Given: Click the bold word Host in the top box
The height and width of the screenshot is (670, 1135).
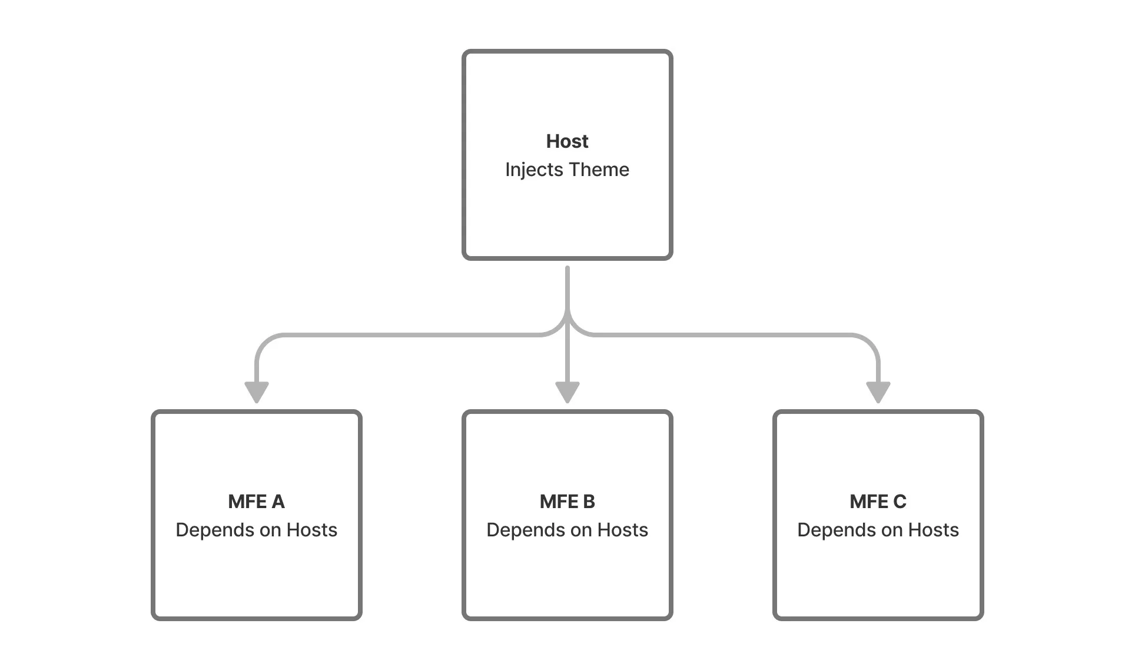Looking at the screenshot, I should coord(567,141).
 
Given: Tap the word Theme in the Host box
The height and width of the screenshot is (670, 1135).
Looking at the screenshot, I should coord(599,170).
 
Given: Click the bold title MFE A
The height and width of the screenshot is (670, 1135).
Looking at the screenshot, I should coord(256,502).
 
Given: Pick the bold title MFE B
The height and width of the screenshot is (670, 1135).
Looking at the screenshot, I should coord(567,502).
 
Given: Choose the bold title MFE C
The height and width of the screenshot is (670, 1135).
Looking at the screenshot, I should coord(878,502).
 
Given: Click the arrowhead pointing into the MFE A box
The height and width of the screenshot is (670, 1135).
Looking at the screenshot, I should coord(257,392).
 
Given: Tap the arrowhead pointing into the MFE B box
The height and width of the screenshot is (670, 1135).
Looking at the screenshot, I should coord(567,392).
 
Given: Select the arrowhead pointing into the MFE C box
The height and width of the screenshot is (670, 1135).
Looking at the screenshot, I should coord(878,392).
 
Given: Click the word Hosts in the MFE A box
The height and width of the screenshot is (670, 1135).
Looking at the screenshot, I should coord(311,530).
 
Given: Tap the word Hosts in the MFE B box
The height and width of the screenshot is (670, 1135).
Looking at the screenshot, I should coord(622,530).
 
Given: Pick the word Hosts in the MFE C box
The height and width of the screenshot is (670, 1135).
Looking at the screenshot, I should coord(933,530).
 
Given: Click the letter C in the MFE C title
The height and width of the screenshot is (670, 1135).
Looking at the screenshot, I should coord(900,502).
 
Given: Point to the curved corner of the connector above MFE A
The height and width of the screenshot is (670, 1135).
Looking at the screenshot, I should coord(264,343).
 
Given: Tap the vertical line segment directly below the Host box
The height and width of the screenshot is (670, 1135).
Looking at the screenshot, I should coord(567,288).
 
